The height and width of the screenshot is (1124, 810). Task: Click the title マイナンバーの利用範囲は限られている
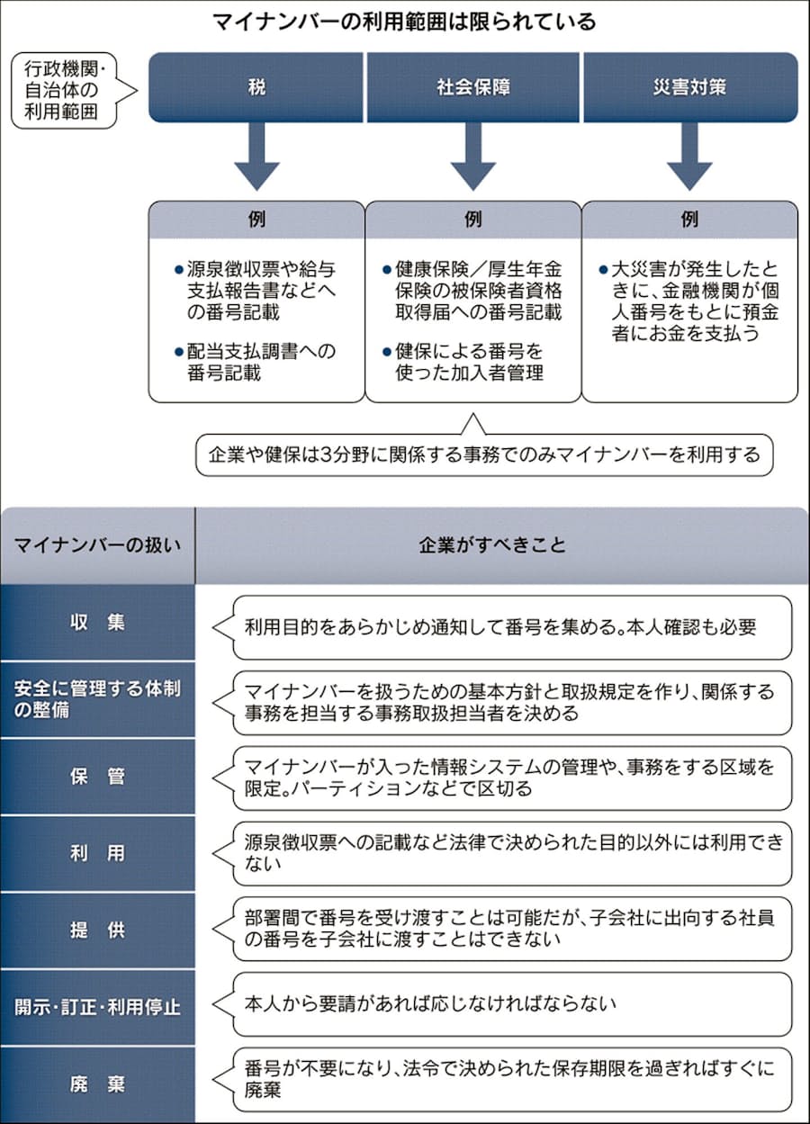(404, 22)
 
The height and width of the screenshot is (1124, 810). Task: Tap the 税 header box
(256, 88)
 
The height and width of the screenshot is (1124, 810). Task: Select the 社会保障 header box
(473, 88)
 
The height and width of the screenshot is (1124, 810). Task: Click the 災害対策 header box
(690, 88)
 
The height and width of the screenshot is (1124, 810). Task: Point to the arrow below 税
(256, 155)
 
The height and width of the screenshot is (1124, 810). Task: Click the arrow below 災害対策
(690, 155)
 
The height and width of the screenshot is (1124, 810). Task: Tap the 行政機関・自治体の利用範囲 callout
(64, 89)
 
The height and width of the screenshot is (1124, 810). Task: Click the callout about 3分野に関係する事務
(484, 455)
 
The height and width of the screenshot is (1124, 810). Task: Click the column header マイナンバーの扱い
(97, 545)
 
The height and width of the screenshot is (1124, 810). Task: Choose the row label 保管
(97, 777)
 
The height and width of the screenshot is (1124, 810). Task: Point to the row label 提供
(97, 930)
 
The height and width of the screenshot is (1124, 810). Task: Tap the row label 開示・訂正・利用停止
(97, 1006)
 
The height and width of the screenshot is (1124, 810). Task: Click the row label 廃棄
(97, 1083)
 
